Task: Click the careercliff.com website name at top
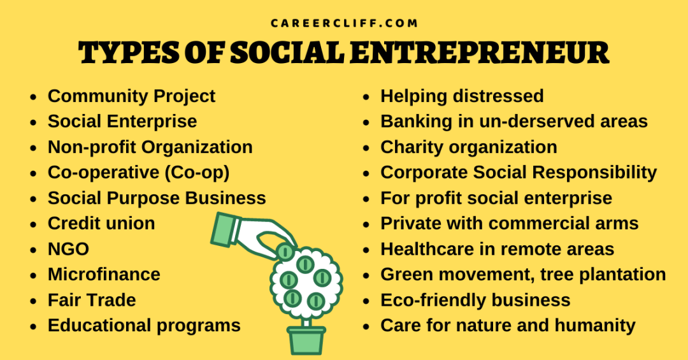344,24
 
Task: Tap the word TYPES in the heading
129,53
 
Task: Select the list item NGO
68,249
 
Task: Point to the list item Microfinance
104,275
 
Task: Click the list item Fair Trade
92,300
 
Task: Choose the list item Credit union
101,224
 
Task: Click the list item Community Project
132,96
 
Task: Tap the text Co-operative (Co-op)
139,173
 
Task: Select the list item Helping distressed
462,96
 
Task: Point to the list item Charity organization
469,147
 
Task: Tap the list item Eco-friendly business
475,300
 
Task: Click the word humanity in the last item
595,326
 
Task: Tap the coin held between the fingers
285,252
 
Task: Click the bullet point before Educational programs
33,326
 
